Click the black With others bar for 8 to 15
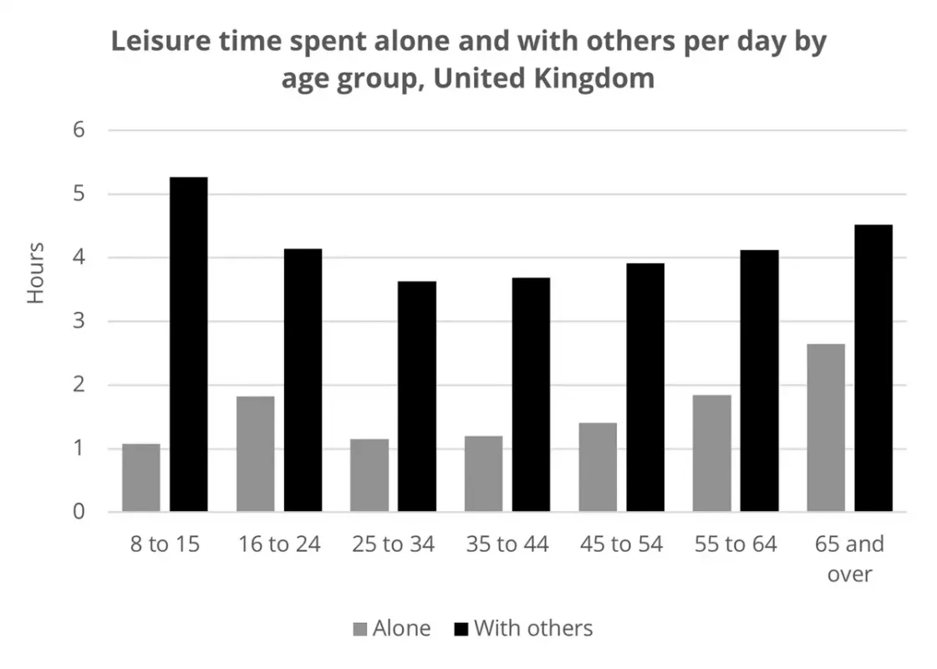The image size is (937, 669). tap(189, 344)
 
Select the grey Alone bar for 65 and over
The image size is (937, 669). tap(826, 427)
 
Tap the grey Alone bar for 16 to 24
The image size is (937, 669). tap(255, 453)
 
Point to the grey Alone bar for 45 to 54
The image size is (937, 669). tap(598, 467)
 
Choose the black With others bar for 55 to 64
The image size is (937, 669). tap(759, 380)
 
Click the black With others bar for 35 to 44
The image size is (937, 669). tap(531, 394)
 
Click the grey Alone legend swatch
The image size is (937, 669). tap(360, 629)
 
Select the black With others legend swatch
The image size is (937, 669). tap(461, 629)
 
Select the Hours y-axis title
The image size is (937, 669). tap(36, 273)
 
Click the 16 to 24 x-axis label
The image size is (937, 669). tap(279, 544)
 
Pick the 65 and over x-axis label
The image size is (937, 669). tap(849, 559)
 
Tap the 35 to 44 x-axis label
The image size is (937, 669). tap(507, 544)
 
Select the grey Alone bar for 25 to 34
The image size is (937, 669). tap(369, 475)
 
